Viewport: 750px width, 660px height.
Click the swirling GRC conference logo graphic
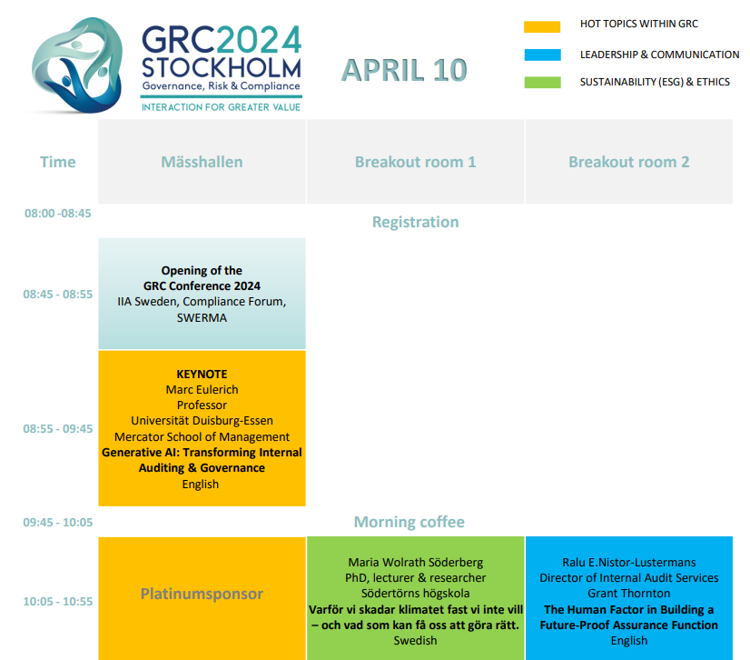click(76, 65)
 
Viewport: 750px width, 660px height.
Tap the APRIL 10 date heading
click(404, 70)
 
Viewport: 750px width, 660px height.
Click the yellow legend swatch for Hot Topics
click(542, 27)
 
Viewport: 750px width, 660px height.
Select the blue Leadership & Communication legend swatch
click(542, 55)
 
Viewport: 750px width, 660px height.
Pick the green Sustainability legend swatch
click(542, 83)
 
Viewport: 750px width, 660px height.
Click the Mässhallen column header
click(202, 162)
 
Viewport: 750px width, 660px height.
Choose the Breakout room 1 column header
click(415, 162)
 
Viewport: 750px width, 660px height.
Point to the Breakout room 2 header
click(629, 162)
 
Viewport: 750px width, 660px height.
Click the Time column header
click(58, 162)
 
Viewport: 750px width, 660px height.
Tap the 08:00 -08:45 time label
click(58, 213)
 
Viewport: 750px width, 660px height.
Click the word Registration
click(415, 222)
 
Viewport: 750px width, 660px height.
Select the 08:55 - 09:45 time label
click(58, 429)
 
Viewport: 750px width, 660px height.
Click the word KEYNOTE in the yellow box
click(202, 374)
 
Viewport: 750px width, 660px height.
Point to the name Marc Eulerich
click(202, 389)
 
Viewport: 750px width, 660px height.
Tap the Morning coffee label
click(409, 522)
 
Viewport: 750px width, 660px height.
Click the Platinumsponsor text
click(202, 594)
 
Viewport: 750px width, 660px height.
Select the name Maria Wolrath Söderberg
click(415, 563)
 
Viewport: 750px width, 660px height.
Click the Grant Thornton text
click(629, 594)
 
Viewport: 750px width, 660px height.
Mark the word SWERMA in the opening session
click(202, 317)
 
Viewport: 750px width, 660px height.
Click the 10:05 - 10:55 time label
click(58, 602)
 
